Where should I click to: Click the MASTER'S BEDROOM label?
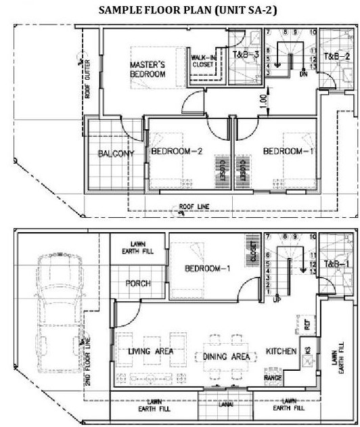pyautogui.click(x=148, y=70)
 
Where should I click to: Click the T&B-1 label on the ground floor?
pyautogui.click(x=336, y=263)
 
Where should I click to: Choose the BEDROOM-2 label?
pyautogui.click(x=177, y=151)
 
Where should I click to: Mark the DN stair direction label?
pyautogui.click(x=303, y=74)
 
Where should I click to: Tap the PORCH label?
pyautogui.click(x=138, y=284)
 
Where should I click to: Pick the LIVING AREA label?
pyautogui.click(x=150, y=351)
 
